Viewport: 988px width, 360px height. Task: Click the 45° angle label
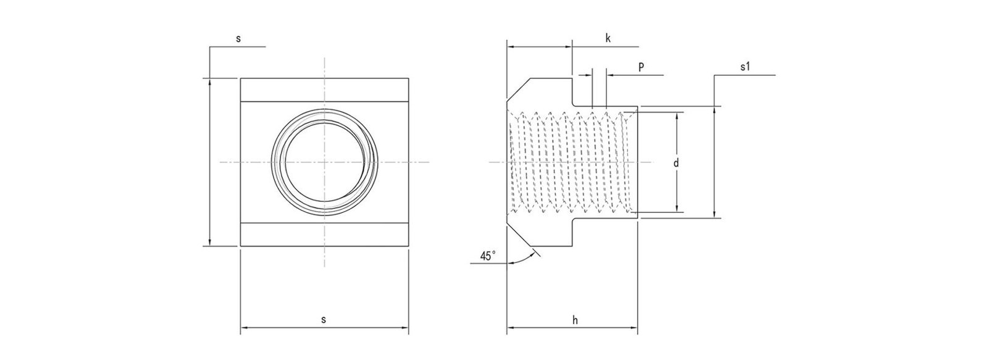point(488,256)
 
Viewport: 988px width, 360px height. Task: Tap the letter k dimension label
point(608,38)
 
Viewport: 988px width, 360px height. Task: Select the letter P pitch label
point(641,67)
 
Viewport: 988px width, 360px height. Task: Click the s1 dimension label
point(745,67)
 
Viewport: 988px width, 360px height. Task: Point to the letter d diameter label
point(676,163)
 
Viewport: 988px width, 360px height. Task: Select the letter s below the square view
point(324,320)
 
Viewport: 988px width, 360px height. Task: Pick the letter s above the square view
point(238,38)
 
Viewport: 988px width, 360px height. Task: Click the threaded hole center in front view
point(324,162)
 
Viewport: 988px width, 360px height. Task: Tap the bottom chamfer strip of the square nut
point(324,235)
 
